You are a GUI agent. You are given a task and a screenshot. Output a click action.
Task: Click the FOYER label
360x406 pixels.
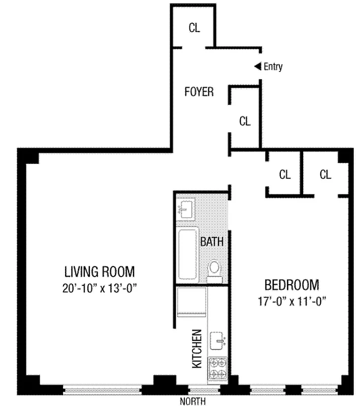pos(199,92)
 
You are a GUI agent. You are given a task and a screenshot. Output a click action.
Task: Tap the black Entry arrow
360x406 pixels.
pos(258,66)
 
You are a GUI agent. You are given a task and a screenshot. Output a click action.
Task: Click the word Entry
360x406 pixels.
pos(273,66)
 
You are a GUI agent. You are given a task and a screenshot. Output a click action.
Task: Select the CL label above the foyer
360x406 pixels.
pos(194,28)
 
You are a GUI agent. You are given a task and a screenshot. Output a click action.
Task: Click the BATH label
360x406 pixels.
pos(212,242)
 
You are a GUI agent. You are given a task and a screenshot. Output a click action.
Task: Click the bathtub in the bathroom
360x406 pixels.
pos(187,254)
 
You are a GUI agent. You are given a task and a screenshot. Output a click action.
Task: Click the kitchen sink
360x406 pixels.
pos(217,341)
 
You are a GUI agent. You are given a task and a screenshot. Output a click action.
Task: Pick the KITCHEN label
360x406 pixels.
pos(197,349)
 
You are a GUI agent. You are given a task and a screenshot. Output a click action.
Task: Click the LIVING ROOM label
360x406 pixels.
pos(100,272)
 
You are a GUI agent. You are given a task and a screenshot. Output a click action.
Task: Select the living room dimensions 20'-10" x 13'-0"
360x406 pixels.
pos(100,288)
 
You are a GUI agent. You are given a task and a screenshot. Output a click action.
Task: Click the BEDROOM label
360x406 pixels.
pos(292,285)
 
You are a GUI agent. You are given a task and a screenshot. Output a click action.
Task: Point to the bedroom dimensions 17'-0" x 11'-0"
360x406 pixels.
pos(292,301)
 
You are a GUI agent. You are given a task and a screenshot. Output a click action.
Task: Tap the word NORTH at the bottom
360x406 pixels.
pos(192,401)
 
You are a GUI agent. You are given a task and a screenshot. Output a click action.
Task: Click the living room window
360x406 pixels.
pos(103,389)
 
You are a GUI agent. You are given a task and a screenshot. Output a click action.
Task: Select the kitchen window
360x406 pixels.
pos(204,389)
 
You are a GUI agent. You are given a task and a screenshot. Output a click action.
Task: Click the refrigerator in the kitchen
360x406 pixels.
pos(191,302)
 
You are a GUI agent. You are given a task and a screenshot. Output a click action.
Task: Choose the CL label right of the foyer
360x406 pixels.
pos(245,121)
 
